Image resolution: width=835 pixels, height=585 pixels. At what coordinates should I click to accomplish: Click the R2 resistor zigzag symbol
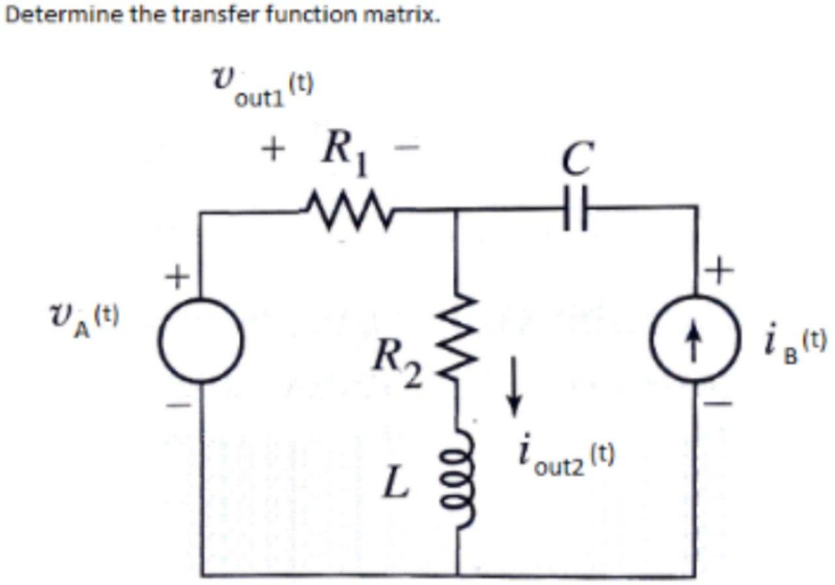[457, 339]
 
